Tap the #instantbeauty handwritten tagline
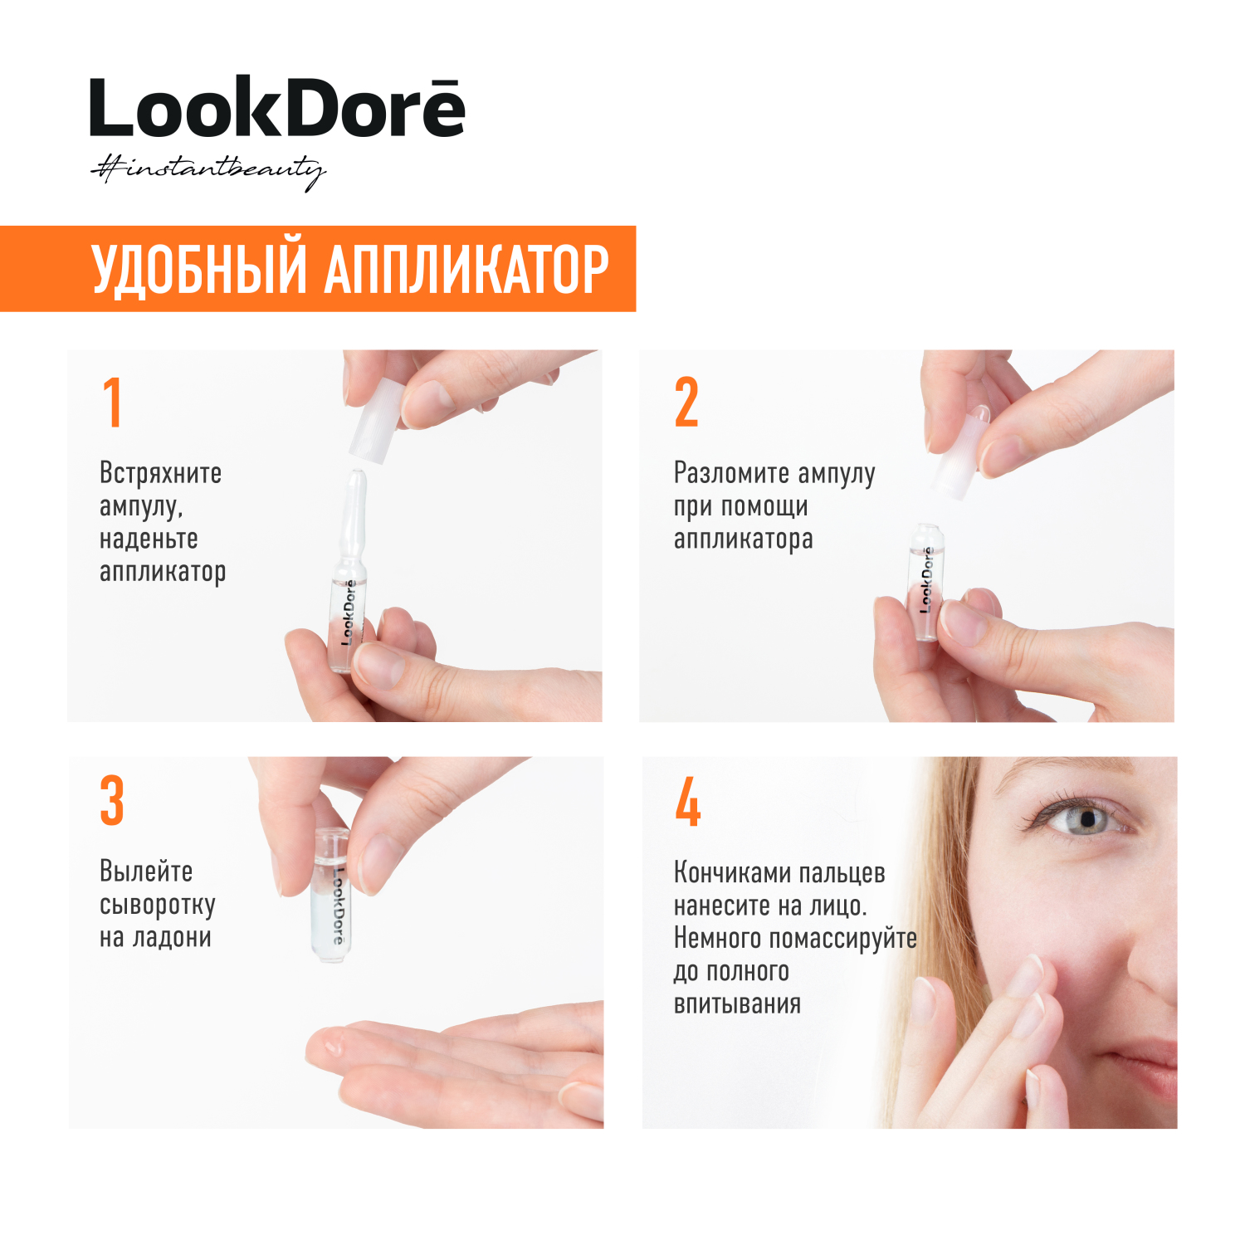pyautogui.click(x=207, y=171)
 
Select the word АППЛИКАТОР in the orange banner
pyautogui.click(x=467, y=270)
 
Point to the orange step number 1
pyautogui.click(x=113, y=403)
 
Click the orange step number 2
pyautogui.click(x=686, y=403)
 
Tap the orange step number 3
pyautogui.click(x=112, y=801)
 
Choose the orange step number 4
pyautogui.click(x=688, y=802)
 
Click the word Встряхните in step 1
pyautogui.click(x=160, y=473)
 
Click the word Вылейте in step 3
pyautogui.click(x=146, y=871)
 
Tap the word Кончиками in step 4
pyautogui.click(x=725, y=872)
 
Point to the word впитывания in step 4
pyautogui.click(x=737, y=1004)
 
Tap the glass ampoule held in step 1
pyautogui.click(x=349, y=573)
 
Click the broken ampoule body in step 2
pyautogui.click(x=924, y=582)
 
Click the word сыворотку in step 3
pyautogui.click(x=158, y=906)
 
